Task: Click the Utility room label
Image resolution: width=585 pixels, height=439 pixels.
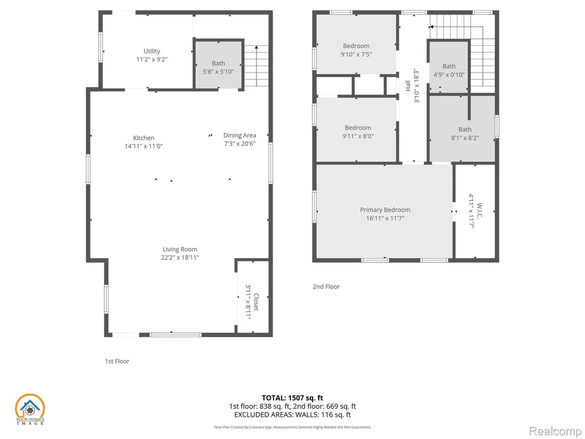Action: click(152, 51)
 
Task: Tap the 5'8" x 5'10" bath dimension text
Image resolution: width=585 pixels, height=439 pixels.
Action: click(218, 71)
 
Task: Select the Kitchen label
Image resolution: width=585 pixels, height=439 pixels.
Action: click(143, 138)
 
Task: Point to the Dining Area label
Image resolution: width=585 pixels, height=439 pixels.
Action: click(239, 135)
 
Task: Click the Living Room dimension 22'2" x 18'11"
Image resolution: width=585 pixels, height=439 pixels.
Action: click(180, 258)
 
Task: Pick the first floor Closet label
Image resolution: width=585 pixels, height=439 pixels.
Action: click(256, 302)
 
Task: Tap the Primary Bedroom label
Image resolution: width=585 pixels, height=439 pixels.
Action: click(385, 210)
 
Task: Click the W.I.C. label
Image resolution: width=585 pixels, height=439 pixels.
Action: click(479, 211)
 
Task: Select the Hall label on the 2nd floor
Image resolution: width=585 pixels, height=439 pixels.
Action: click(408, 86)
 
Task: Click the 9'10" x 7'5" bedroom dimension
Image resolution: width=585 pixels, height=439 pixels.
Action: click(356, 54)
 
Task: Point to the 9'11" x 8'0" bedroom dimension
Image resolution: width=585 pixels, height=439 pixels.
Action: click(358, 136)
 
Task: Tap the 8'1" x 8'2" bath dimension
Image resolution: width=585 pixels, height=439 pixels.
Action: click(465, 138)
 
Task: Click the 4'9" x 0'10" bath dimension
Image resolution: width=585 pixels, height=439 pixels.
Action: click(449, 75)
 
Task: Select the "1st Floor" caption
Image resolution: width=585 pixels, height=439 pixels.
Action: click(117, 361)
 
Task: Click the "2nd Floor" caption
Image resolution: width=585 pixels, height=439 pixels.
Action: click(326, 287)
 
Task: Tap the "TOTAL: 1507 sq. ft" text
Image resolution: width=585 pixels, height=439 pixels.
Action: click(292, 398)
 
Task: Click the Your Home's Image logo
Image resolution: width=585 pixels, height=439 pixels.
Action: click(30, 409)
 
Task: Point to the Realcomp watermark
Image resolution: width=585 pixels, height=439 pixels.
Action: click(555, 432)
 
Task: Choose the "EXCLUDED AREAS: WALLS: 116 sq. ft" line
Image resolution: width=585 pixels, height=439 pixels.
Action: click(292, 415)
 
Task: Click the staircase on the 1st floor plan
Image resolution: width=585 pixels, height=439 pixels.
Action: click(257, 66)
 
